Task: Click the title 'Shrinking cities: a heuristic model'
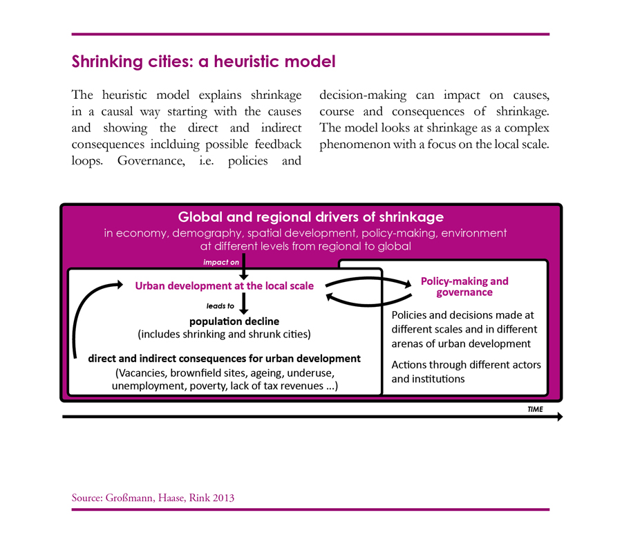pyautogui.click(x=203, y=62)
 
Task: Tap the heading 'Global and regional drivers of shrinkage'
pyautogui.click(x=310, y=217)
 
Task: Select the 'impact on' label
pyautogui.click(x=221, y=262)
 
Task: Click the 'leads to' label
pyautogui.click(x=220, y=306)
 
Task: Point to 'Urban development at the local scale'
pyautogui.click(x=224, y=286)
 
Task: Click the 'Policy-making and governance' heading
pyautogui.click(x=464, y=287)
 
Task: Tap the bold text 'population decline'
pyautogui.click(x=234, y=321)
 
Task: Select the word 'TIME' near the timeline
pyautogui.click(x=535, y=409)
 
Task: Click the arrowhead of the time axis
pyautogui.click(x=560, y=417)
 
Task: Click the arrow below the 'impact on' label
pyautogui.click(x=243, y=267)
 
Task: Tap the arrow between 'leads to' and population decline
pyautogui.click(x=244, y=303)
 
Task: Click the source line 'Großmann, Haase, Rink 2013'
pyautogui.click(x=170, y=498)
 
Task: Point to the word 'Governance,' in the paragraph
pyautogui.click(x=151, y=161)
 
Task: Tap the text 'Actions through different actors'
pyautogui.click(x=466, y=365)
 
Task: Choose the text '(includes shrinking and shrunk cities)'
pyautogui.click(x=224, y=335)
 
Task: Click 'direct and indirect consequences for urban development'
pyautogui.click(x=224, y=359)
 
